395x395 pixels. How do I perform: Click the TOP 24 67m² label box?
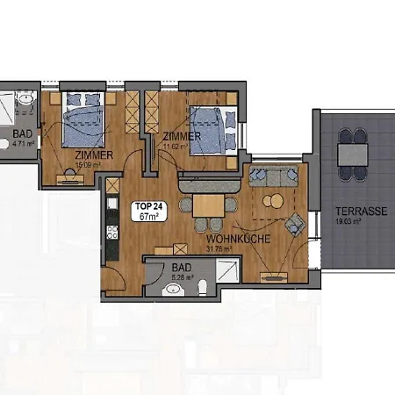(x=147, y=212)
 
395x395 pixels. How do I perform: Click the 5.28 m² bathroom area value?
(x=183, y=280)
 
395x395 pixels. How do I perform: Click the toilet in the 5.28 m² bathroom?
(x=202, y=286)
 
